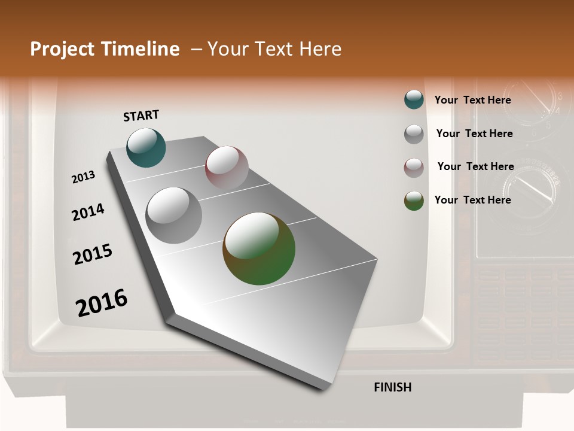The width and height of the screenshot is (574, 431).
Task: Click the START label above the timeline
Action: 141,115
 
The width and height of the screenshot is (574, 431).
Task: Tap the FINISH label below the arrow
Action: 392,387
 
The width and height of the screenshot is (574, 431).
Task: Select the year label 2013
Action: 83,177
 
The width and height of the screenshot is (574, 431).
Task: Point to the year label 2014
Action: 88,212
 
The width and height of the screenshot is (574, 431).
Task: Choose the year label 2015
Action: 93,254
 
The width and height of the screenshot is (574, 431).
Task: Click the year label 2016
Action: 102,303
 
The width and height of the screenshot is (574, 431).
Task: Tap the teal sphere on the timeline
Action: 146,147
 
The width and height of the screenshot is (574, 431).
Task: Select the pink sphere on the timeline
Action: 227,167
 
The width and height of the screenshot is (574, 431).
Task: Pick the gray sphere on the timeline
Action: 174,215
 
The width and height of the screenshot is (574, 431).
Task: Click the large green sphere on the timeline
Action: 259,248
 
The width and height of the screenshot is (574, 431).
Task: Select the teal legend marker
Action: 414,100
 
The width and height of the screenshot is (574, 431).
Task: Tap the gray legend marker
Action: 414,134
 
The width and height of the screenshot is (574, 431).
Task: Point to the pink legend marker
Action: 414,168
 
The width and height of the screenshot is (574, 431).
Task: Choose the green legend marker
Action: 414,201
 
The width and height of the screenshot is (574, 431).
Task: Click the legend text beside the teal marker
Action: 472,100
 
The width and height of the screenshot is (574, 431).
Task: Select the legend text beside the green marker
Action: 472,200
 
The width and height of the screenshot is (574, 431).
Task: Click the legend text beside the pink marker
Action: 475,166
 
